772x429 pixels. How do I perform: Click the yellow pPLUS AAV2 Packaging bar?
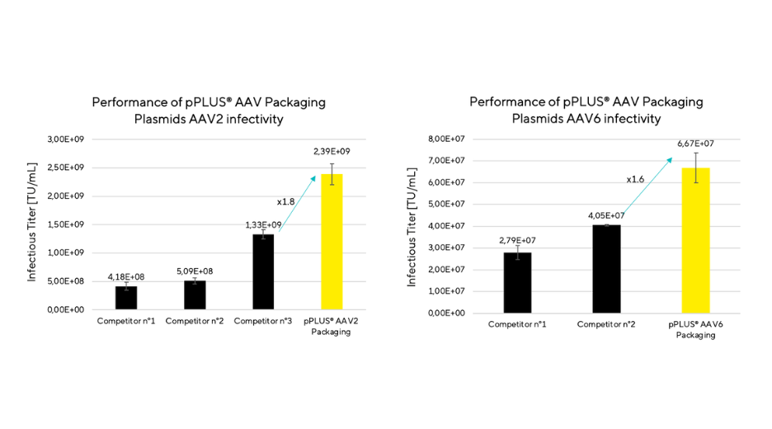click(x=332, y=242)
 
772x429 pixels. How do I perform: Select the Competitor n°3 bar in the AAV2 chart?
click(x=263, y=271)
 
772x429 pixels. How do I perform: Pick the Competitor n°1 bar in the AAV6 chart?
click(x=517, y=282)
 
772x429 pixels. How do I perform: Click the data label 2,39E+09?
click(x=332, y=152)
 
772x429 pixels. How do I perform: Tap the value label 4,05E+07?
click(x=606, y=215)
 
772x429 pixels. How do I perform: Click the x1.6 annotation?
click(x=635, y=179)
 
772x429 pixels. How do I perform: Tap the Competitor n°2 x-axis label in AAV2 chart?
click(x=195, y=320)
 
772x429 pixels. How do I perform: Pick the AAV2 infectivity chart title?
click(x=209, y=111)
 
